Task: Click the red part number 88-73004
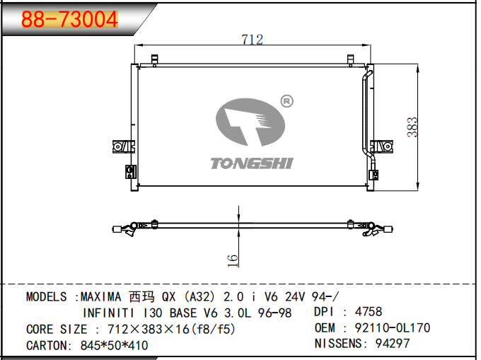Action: pyautogui.click(x=69, y=19)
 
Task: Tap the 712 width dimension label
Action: pyautogui.click(x=252, y=40)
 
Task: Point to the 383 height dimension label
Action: pyautogui.click(x=412, y=127)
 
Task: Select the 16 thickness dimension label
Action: pyautogui.click(x=233, y=261)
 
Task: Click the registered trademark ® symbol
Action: pyautogui.click(x=286, y=101)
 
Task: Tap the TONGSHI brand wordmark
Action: pyautogui.click(x=252, y=163)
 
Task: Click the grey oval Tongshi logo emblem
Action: pyautogui.click(x=250, y=122)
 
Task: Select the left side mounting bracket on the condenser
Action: pyautogui.click(x=123, y=146)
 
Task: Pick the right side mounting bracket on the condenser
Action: pyautogui.click(x=381, y=146)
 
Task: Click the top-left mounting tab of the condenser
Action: pyautogui.click(x=155, y=60)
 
